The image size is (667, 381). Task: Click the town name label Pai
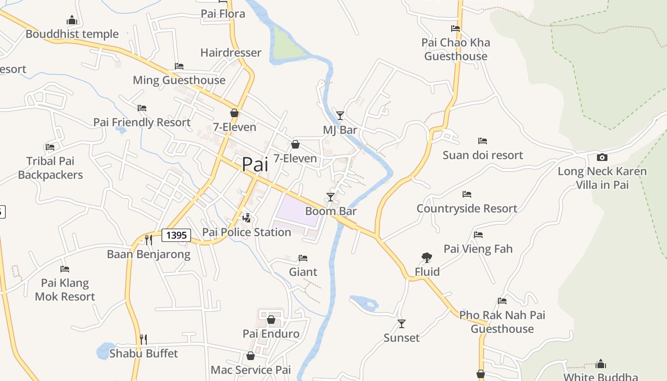pos(255,164)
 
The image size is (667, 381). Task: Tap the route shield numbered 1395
pos(176,235)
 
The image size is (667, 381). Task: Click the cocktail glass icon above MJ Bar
pos(340,115)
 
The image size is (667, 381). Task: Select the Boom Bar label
pos(331,211)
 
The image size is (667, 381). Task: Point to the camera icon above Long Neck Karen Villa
pos(602,157)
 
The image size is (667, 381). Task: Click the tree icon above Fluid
pos(427,258)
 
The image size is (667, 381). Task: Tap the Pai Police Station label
pos(246,232)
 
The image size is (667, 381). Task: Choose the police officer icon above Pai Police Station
pos(247,218)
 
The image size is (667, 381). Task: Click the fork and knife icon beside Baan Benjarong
pos(148,239)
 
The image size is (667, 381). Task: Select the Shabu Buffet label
pos(143,353)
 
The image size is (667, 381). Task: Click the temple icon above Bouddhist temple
pos(72,20)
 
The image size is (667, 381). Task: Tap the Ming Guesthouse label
pos(179,80)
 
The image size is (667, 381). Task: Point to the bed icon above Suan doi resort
pos(483,141)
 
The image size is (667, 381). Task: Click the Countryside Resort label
pos(467,209)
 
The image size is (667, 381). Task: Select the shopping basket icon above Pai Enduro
pos(271,320)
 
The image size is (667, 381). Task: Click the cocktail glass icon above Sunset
pos(402,324)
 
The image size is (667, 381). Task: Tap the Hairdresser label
pos(231,52)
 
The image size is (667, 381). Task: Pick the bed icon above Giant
pos(303,258)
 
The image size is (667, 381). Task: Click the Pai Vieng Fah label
pos(478,249)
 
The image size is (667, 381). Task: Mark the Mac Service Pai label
pos(251,370)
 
